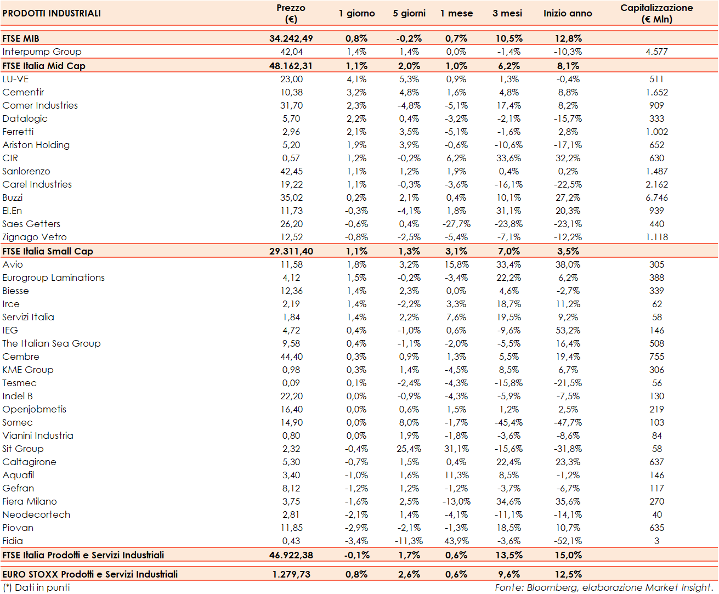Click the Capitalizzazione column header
pyautogui.click(x=656, y=13)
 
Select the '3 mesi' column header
pyautogui.click(x=507, y=13)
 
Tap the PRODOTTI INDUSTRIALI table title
pyautogui.click(x=52, y=13)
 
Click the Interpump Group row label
pyautogui.click(x=42, y=52)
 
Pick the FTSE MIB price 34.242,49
pyautogui.click(x=291, y=38)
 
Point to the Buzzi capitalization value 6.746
pyautogui.click(x=656, y=197)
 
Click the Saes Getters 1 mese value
pyautogui.click(x=456, y=224)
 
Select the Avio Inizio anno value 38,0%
pyautogui.click(x=568, y=264)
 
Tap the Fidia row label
pyautogui.click(x=13, y=541)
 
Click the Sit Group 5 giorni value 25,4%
pyautogui.click(x=409, y=449)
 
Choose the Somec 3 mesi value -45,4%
pyautogui.click(x=508, y=422)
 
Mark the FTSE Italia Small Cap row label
pyautogui.click(x=48, y=251)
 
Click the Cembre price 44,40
pyautogui.click(x=291, y=357)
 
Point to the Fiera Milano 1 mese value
pyautogui.click(x=456, y=501)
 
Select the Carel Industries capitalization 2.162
pyautogui.click(x=656, y=184)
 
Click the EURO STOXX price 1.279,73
pyautogui.click(x=291, y=574)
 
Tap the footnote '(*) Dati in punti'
pyautogui.click(x=36, y=587)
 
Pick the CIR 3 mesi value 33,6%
pyautogui.click(x=508, y=158)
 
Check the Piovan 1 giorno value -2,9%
pyautogui.click(x=356, y=528)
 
